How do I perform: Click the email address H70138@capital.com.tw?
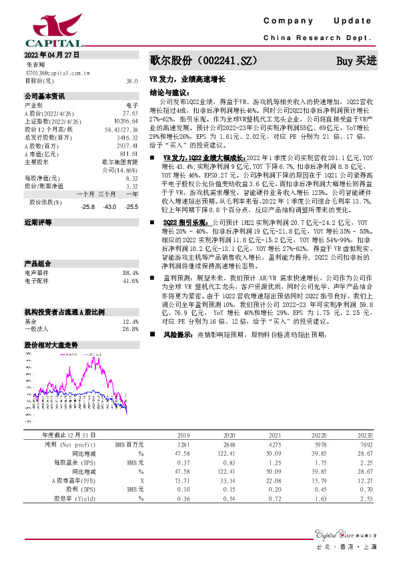pos(58,72)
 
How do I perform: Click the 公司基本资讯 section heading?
pos(45,95)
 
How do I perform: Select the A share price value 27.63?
pos(130,112)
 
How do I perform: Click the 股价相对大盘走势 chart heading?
pos(51,345)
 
